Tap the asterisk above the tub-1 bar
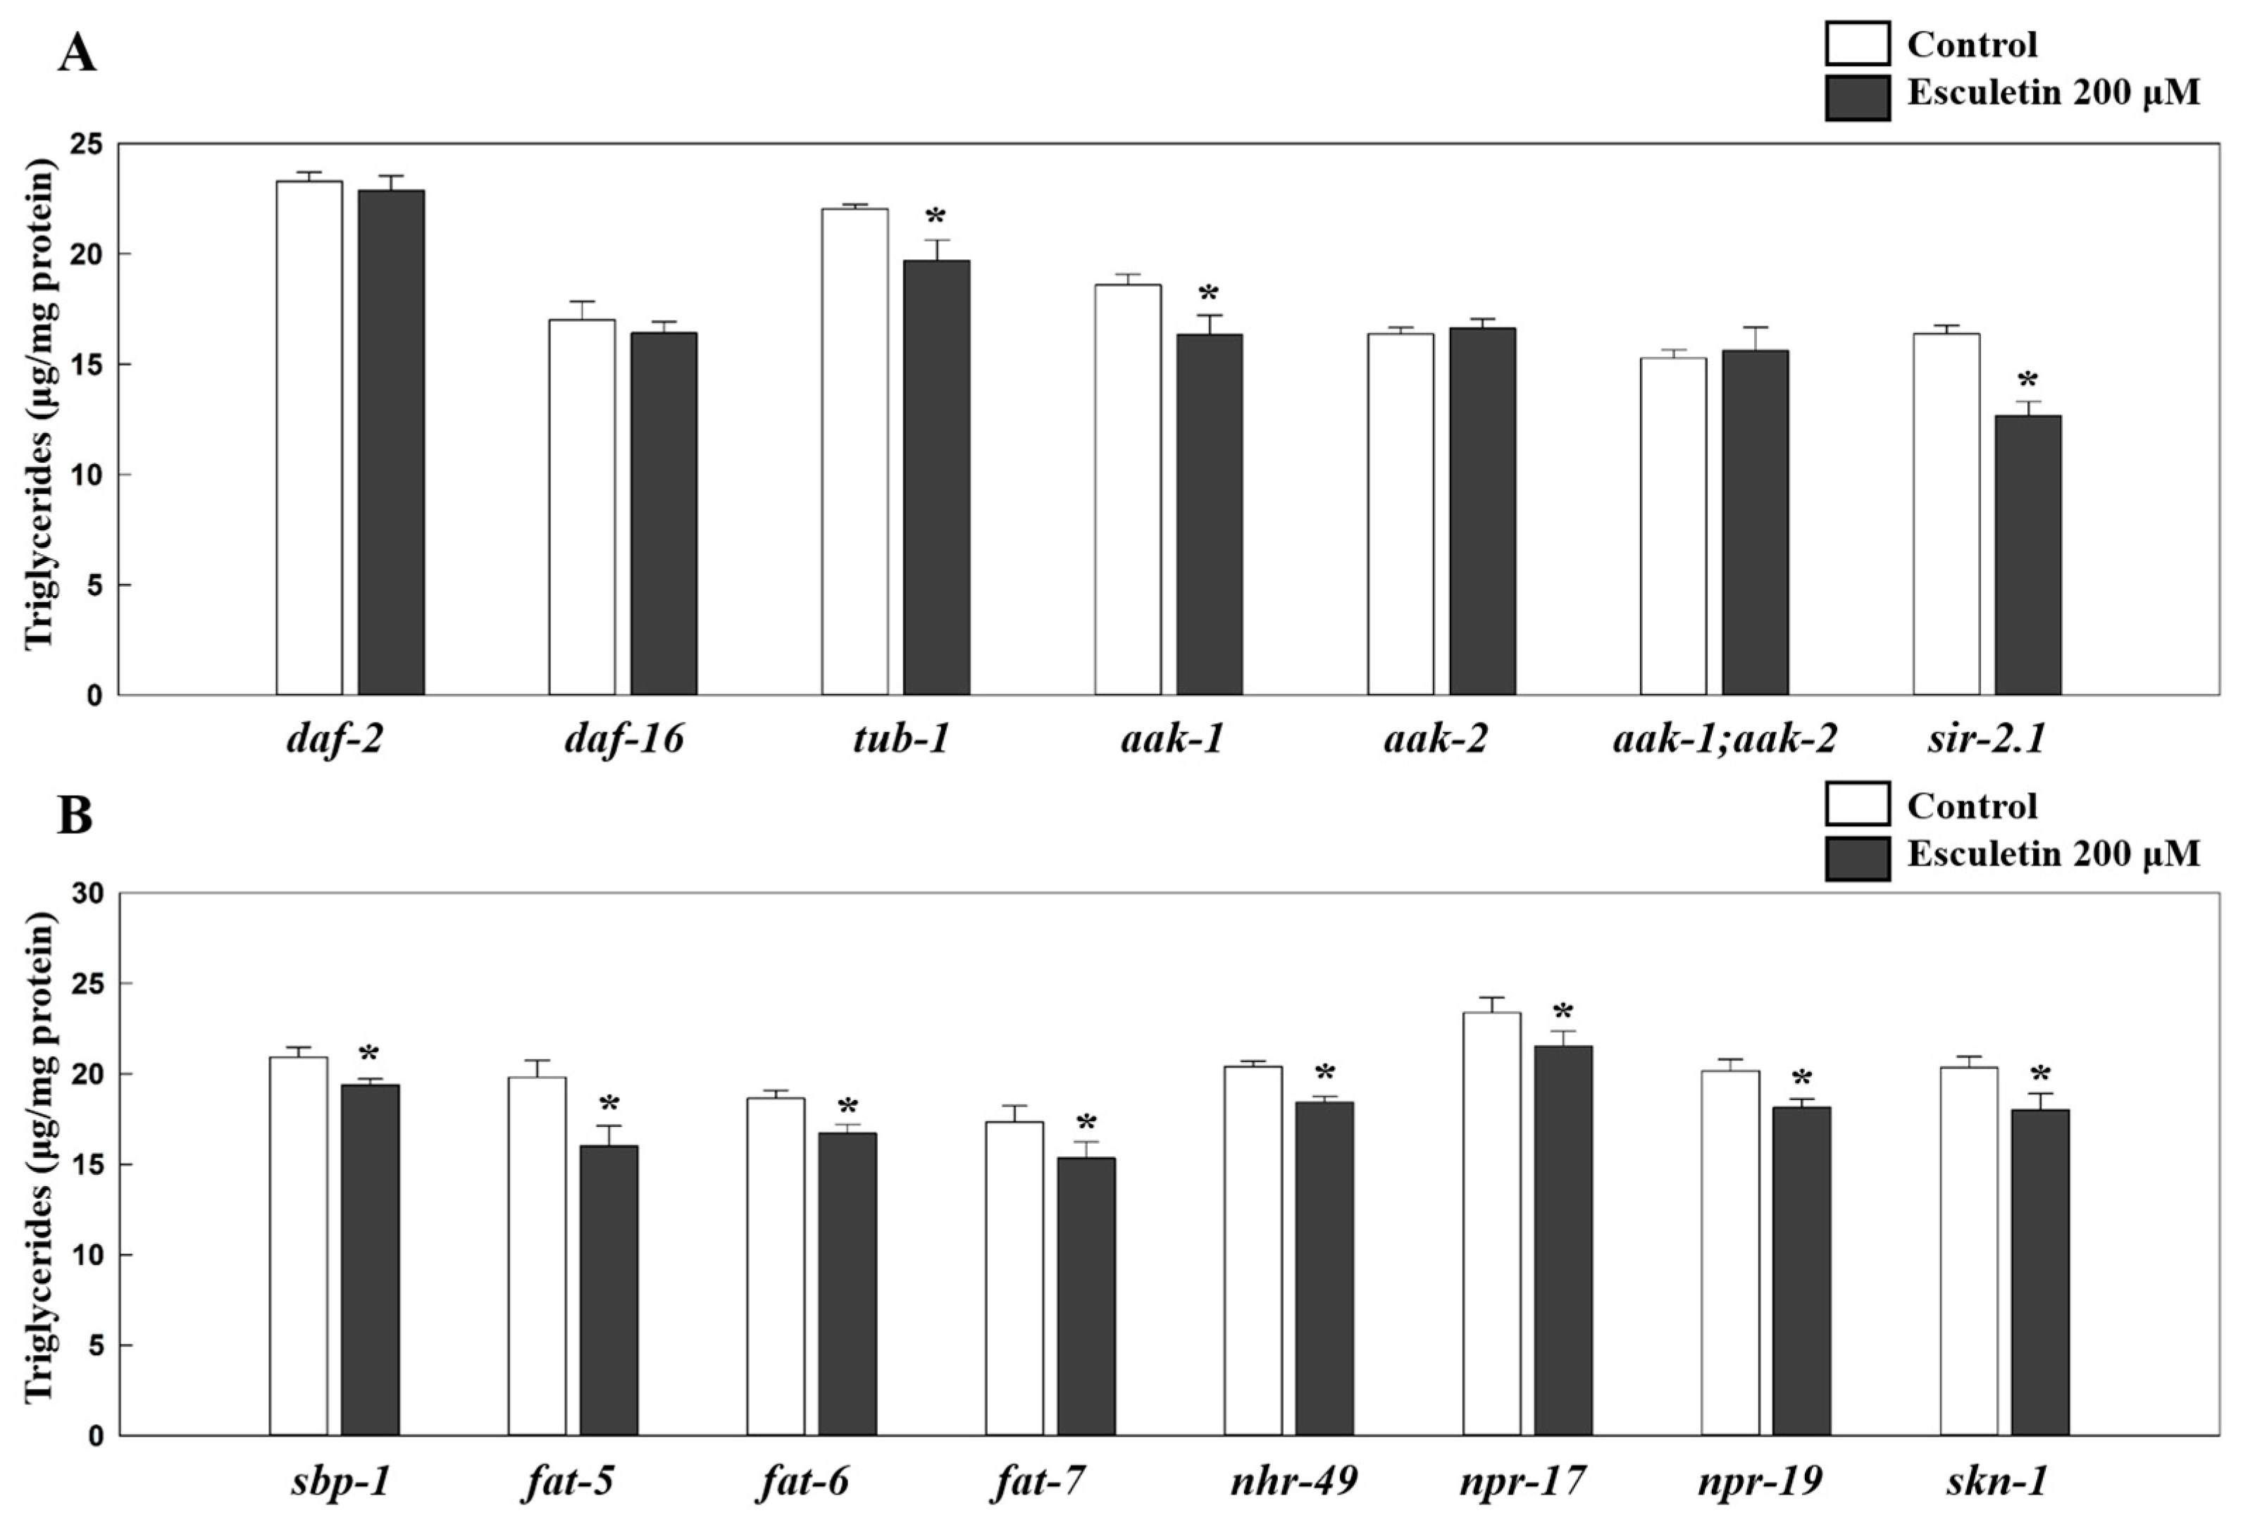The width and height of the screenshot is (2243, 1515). [936, 216]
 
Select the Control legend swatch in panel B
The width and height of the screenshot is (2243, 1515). [1857, 805]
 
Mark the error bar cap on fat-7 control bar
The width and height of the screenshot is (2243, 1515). [1014, 1106]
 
